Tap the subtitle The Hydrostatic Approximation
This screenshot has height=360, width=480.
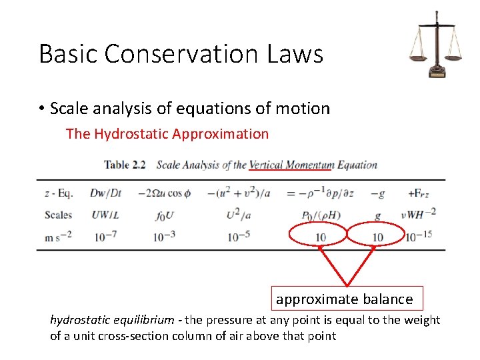click(167, 133)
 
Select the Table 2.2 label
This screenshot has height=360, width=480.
click(125, 165)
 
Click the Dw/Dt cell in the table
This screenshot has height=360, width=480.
click(106, 193)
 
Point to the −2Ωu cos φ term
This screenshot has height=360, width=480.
click(164, 193)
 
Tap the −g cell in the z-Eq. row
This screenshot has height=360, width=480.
click(377, 193)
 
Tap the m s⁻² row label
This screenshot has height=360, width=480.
click(58, 237)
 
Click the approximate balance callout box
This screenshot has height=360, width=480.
click(345, 299)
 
